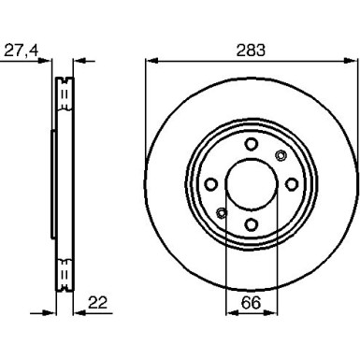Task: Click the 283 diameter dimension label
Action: pos(248,47)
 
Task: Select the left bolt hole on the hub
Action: pos(210,183)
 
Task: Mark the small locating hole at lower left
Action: pos(221,211)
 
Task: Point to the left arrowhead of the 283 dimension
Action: pos(151,63)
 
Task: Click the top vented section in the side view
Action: pos(64,93)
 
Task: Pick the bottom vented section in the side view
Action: pos(64,273)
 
